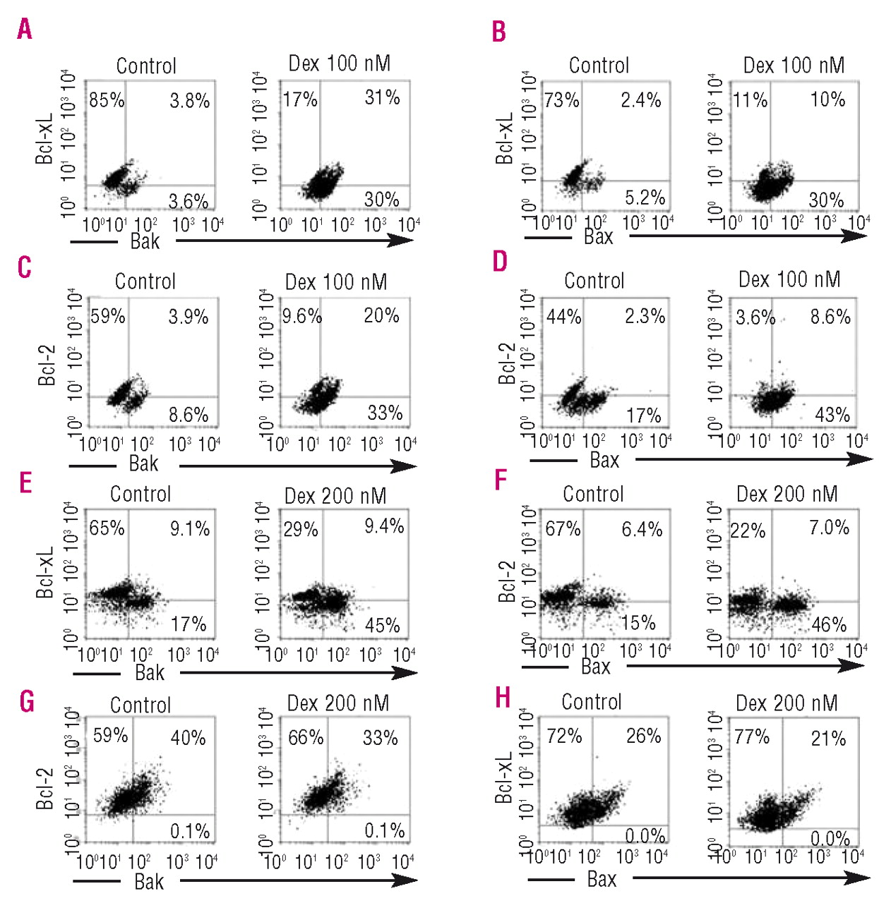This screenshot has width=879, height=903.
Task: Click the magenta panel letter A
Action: coord(25,29)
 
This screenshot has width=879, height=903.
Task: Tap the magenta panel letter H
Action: coord(503,698)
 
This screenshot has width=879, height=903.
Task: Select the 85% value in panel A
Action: coord(107,100)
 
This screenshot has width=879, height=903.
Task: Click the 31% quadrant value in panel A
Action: coord(382,97)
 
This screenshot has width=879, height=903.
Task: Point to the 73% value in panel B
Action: coord(562,100)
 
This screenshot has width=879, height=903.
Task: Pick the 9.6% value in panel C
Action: coord(301,315)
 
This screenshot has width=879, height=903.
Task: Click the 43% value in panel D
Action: coord(832,415)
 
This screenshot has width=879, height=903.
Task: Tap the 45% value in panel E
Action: coord(383,625)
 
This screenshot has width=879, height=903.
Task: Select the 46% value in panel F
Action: coord(829,624)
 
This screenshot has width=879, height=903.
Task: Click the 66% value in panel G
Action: coord(306,738)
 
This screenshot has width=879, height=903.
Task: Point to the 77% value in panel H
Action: coord(752,737)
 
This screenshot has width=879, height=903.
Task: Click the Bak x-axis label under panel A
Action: coord(145,241)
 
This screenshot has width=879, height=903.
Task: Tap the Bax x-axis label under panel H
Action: coord(602,879)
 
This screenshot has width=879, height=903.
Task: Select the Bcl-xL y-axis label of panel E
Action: coord(45,572)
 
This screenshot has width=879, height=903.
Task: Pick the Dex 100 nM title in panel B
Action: coord(794,66)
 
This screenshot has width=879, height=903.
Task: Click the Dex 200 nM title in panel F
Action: coord(787,494)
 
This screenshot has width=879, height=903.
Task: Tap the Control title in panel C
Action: coord(145,281)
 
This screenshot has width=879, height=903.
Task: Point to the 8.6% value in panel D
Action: coord(830,316)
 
